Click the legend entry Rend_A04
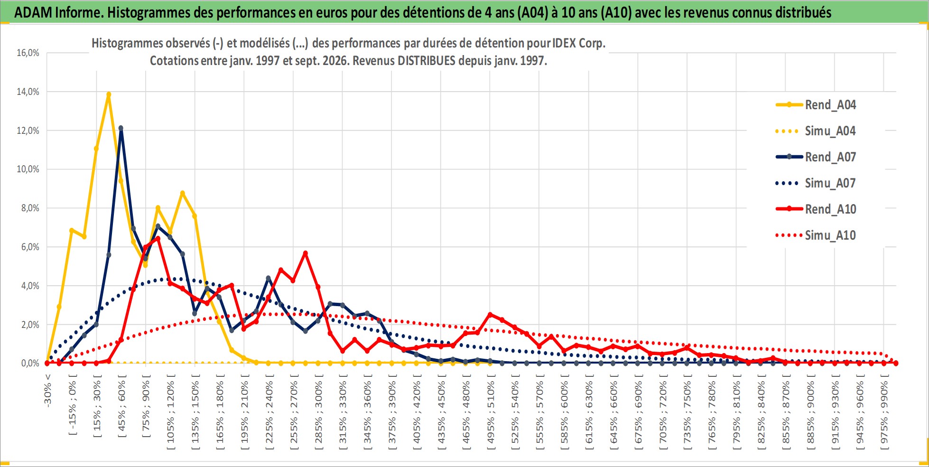(816, 105)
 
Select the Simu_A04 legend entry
(816, 131)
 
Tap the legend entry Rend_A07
(816, 157)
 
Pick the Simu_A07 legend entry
(816, 183)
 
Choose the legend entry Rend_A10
(816, 209)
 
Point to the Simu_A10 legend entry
(816, 235)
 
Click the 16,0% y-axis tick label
(28, 53)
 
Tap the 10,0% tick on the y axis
(28, 169)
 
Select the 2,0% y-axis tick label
(30, 325)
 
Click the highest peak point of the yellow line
(109, 94)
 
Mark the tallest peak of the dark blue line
(121, 128)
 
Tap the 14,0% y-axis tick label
(28, 92)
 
